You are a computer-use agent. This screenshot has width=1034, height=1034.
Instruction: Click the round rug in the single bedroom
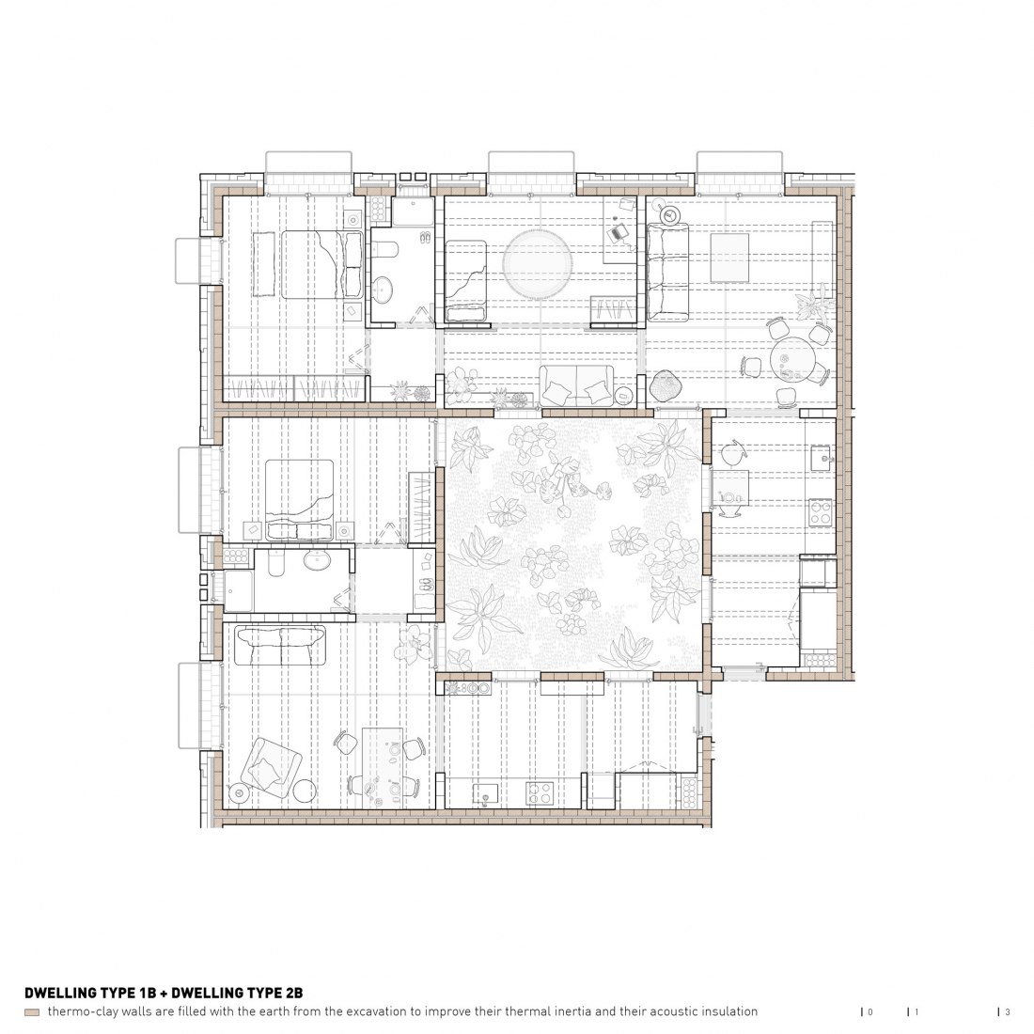point(538,264)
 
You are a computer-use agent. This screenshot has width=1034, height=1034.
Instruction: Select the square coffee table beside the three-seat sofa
point(729,258)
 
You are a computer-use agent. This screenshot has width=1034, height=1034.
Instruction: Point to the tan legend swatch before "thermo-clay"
point(32,1012)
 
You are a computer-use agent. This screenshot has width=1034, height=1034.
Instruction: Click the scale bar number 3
point(1007,1011)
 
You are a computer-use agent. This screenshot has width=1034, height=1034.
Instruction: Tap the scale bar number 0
point(869,1011)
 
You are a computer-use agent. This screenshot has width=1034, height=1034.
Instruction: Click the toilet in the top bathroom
point(384,248)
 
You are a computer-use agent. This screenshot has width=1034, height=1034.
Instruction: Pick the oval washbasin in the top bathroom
point(382,289)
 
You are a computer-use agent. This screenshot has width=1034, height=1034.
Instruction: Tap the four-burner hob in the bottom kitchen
point(540,792)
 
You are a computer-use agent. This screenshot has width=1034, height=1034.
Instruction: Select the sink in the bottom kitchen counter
point(486,793)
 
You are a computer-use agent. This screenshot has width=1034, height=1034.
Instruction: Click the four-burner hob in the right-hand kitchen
point(821,513)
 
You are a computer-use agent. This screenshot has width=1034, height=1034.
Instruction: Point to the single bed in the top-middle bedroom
point(465,280)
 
